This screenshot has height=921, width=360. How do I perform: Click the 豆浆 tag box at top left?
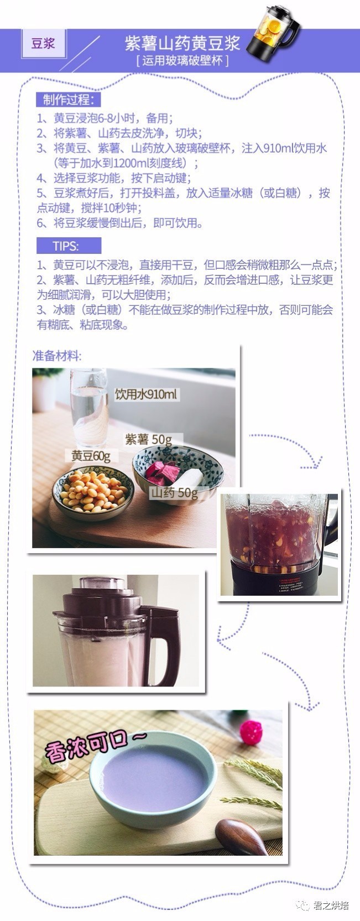[43, 44]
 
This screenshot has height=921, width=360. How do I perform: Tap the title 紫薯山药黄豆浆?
[182, 43]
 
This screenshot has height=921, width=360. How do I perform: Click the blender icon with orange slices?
[272, 33]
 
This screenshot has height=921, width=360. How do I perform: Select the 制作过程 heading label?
[69, 100]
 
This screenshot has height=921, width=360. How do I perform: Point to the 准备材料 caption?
[57, 356]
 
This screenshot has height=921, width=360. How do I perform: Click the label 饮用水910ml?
[147, 394]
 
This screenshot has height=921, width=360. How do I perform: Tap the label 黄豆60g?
[91, 455]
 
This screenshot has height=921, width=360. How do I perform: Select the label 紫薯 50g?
[148, 439]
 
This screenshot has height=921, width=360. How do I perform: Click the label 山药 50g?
[174, 492]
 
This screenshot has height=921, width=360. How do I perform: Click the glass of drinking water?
[89, 409]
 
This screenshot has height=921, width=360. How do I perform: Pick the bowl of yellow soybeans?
[93, 492]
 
